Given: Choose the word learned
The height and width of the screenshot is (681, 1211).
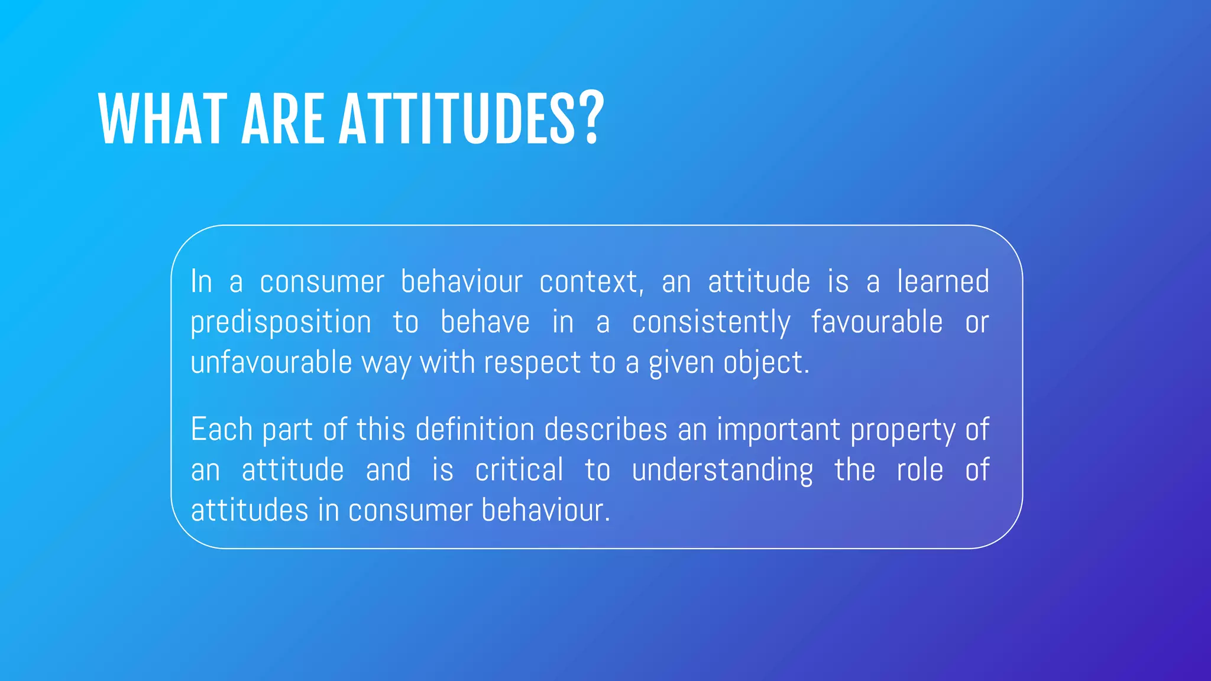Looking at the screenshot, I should [x=943, y=281].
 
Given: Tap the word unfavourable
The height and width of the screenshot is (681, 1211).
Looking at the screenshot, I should [x=271, y=362].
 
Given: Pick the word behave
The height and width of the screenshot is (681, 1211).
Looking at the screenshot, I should [x=485, y=322].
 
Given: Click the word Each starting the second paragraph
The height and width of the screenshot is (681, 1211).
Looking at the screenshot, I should [x=222, y=429].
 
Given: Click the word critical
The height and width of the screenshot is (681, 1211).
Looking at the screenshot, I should [x=519, y=471].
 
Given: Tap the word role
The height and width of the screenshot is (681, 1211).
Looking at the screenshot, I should [x=919, y=471].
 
